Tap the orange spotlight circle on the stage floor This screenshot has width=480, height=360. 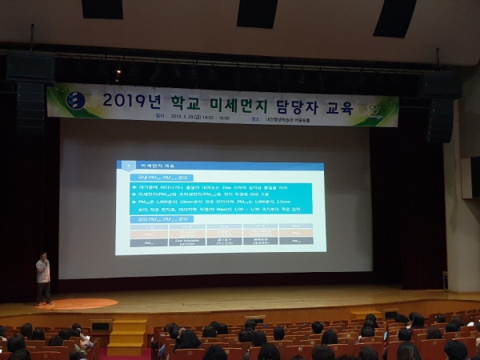point(83,303)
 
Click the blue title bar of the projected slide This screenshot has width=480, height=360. point(220,164)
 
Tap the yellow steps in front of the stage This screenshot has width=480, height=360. point(126,337)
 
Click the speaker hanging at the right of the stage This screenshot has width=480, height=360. point(440,108)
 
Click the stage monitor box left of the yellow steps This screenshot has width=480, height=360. point(100,325)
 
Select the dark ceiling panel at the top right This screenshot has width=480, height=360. point(394,17)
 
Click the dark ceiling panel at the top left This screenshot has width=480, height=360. point(102,9)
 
